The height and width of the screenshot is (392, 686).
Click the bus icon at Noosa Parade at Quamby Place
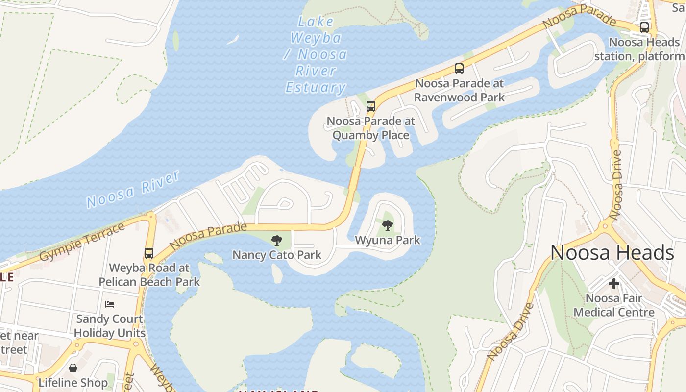(371, 106)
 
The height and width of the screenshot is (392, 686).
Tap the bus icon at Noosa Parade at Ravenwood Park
(459, 69)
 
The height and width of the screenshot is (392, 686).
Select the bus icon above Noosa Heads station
(644, 27)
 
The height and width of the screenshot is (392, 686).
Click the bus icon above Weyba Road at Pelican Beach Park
(149, 253)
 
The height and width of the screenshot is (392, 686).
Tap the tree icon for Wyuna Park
(388, 225)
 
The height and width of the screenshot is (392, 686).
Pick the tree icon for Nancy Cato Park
(277, 240)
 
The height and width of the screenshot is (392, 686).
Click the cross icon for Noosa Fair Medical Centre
(613, 283)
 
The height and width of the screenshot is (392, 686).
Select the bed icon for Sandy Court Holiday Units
(110, 304)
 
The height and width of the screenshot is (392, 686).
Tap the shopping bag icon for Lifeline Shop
(73, 367)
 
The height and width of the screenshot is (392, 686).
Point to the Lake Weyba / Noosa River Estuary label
(316, 54)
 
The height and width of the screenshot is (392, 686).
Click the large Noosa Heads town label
(612, 253)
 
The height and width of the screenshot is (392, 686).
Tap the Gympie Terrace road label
(82, 242)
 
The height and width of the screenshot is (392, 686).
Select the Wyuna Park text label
(388, 240)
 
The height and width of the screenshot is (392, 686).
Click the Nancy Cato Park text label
(277, 255)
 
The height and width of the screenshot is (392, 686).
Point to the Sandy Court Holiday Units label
(110, 326)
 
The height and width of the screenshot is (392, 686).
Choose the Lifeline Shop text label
(73, 383)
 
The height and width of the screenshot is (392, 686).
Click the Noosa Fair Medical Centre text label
(614, 305)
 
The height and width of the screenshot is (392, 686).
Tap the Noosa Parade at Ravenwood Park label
(459, 90)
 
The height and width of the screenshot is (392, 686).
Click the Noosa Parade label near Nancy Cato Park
(209, 236)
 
